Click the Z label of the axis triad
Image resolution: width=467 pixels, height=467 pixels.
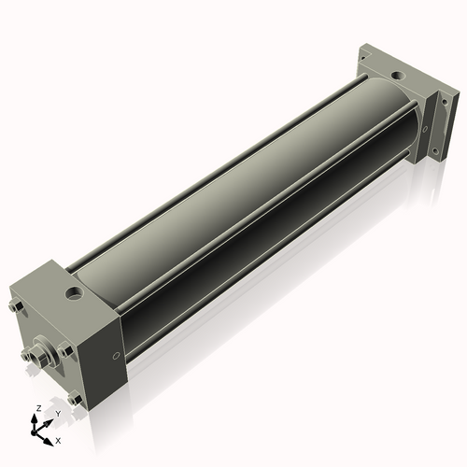coord(39,408)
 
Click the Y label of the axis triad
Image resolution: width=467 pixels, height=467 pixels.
coord(58,414)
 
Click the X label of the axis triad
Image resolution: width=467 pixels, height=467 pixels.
coord(58,441)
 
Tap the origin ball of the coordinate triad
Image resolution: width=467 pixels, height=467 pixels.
coord(34,432)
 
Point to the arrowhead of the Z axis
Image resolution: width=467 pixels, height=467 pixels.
coord(34,418)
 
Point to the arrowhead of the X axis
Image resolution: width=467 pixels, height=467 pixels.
coord(48,442)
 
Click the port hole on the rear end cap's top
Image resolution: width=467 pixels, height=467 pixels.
coord(398,75)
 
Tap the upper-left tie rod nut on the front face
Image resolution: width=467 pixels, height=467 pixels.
coord(14,306)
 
